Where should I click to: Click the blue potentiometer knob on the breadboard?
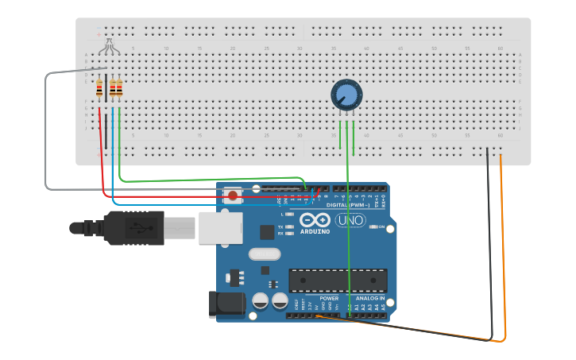tap(346, 95)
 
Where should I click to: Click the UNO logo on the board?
tap(350, 220)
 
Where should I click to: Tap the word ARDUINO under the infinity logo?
tap(315, 232)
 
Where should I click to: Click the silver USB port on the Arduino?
tap(220, 227)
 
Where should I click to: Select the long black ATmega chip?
tap(338, 280)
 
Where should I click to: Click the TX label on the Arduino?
tap(280, 227)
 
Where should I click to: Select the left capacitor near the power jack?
tap(260, 300)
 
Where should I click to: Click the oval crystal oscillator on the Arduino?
tap(265, 254)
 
